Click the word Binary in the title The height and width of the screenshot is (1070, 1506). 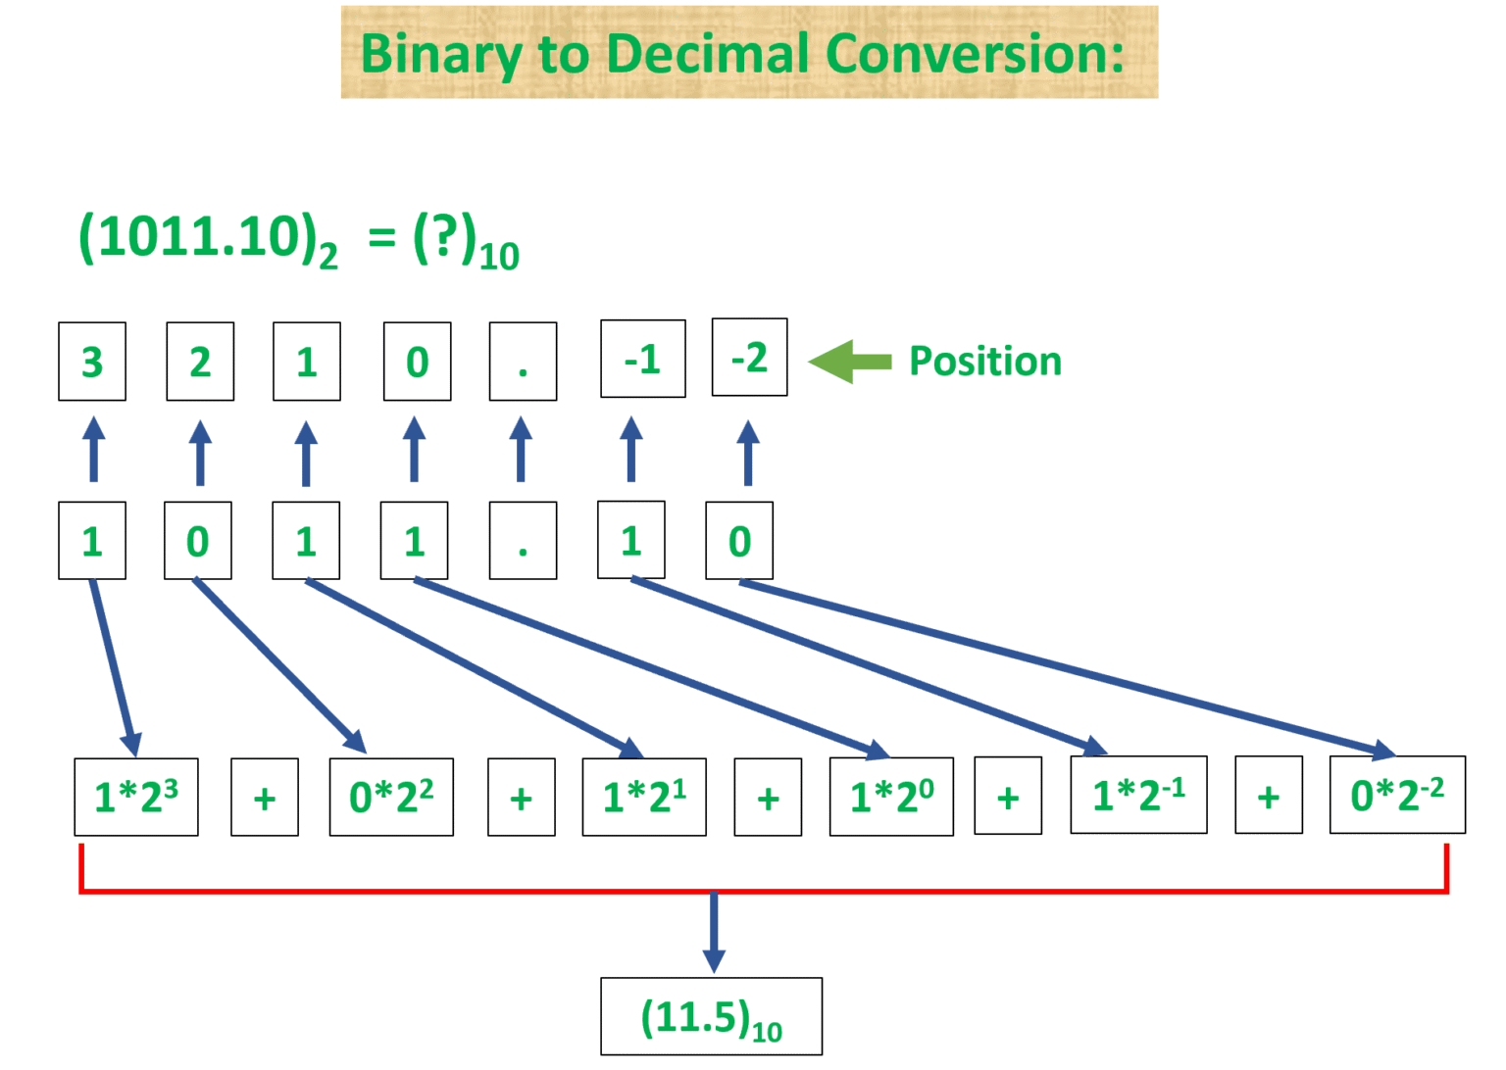[x=442, y=54]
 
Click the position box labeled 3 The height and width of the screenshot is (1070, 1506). [x=92, y=362]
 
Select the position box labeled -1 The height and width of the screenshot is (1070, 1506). [x=643, y=359]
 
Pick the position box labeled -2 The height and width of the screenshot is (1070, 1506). [x=749, y=358]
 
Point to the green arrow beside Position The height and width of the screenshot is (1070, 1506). [x=849, y=362]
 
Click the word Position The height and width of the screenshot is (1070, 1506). [x=985, y=362]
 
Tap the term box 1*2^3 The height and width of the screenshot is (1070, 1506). [x=136, y=797]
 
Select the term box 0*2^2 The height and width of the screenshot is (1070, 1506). [x=391, y=797]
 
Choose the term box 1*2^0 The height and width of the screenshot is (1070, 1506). [x=891, y=796]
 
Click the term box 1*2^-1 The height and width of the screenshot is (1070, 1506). [x=1138, y=794]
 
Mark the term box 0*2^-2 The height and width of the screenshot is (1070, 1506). [x=1397, y=794]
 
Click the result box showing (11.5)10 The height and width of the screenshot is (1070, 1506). [x=711, y=1017]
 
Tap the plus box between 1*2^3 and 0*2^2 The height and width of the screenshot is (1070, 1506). [x=265, y=798]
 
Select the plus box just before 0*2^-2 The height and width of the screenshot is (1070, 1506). [x=1269, y=796]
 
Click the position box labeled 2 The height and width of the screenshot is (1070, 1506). [x=200, y=362]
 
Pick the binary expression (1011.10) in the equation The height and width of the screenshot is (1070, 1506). [x=201, y=238]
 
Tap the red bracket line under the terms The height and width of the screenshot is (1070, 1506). [x=392, y=891]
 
